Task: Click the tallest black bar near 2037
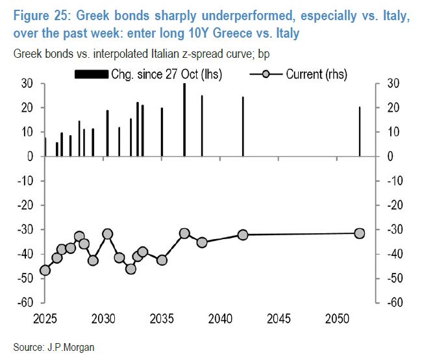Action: (184, 120)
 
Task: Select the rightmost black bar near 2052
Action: (360, 132)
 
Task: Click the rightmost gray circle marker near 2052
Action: (359, 233)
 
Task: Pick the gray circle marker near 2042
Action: (243, 235)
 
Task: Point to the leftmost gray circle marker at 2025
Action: (45, 270)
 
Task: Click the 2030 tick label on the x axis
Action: (104, 320)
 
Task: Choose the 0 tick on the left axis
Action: (30, 157)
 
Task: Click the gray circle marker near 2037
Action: (184, 233)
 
